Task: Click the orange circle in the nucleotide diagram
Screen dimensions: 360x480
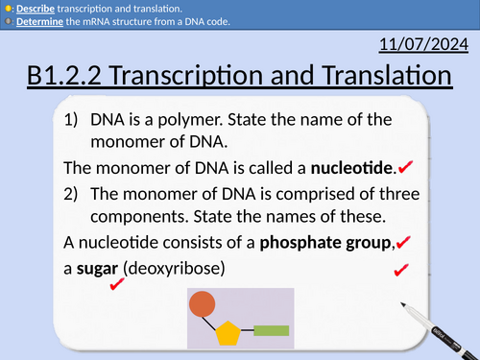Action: [202, 305]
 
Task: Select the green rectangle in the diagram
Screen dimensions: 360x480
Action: [272, 331]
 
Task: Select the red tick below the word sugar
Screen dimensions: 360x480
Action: [118, 284]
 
